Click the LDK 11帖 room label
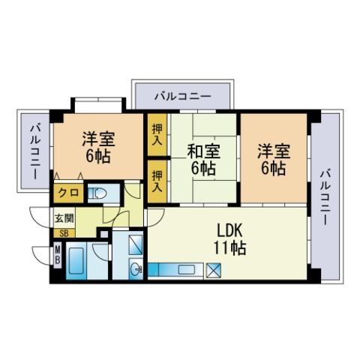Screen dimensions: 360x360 click(229, 239)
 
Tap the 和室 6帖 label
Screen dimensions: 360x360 click(203, 159)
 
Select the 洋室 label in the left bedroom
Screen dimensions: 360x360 click(99, 139)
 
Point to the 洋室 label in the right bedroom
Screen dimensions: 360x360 click(274, 151)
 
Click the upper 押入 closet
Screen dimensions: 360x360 click(157, 134)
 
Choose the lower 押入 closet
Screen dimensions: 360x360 click(157, 181)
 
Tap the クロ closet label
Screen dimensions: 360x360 click(68, 193)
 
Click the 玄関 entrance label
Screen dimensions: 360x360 click(64, 218)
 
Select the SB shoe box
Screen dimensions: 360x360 click(64, 234)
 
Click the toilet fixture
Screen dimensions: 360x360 click(98, 193)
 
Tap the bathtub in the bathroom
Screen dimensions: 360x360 click(76, 260)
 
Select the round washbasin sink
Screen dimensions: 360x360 click(136, 268)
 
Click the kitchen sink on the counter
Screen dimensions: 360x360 click(186, 270)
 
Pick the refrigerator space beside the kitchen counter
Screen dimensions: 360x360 click(213, 271)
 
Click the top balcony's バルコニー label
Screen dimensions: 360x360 click(183, 96)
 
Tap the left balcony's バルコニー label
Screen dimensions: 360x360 click(35, 151)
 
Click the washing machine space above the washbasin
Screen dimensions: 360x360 click(136, 244)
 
